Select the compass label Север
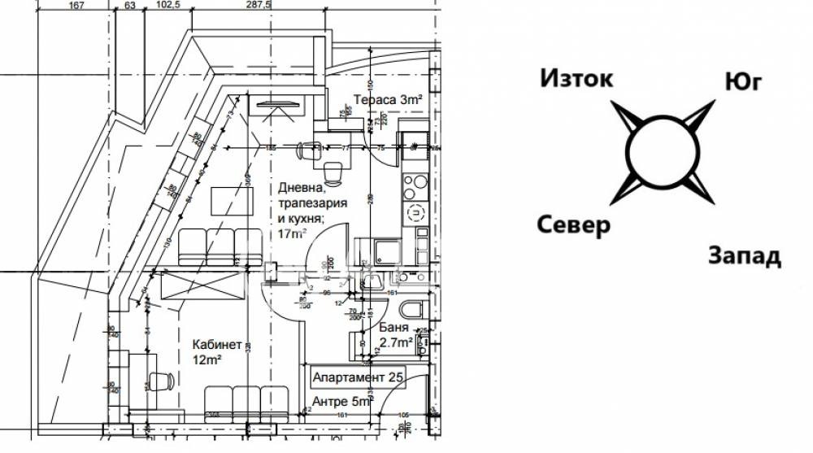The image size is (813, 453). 572,225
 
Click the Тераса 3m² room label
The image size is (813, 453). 388,99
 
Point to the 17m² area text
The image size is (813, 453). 292,233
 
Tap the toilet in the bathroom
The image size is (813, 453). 411,310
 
